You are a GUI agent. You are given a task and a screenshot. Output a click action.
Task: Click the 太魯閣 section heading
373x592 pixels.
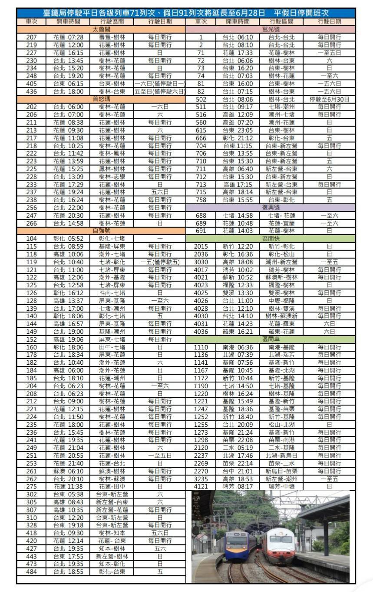coord(101,29)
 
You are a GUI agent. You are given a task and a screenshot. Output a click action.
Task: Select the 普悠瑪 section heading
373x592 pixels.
coord(101,99)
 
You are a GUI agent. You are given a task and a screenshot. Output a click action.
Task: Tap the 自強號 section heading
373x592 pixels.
coord(101,231)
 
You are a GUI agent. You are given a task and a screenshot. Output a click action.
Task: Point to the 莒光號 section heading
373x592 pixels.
coord(271,29)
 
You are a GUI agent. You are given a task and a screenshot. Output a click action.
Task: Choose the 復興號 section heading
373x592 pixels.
coord(271,207)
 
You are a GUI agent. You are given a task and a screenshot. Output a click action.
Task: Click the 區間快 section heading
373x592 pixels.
coord(271,239)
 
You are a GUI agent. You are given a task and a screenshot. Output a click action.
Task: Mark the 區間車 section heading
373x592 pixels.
coord(271,339)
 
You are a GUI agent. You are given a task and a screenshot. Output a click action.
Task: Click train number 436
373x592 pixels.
coord(32,91)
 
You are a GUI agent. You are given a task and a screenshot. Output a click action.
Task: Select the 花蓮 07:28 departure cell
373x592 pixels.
coord(68,37)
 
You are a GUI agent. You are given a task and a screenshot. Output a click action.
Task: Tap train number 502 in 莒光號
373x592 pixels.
coord(201,99)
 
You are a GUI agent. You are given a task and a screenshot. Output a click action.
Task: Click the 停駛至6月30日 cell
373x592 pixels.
coord(329,99)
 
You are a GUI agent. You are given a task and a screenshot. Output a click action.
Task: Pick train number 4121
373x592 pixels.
coord(201,486)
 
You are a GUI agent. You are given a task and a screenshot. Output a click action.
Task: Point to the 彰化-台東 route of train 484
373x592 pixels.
coord(112,572)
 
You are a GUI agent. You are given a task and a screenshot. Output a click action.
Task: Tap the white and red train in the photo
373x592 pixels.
coord(280,545)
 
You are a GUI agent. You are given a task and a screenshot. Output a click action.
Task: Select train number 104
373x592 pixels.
coord(32,239)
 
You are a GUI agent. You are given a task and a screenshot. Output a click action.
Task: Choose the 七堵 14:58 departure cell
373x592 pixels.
coord(238,215)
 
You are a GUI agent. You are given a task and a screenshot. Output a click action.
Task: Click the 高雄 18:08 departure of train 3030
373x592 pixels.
coord(238,262)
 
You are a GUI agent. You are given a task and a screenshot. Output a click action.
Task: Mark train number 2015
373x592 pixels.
coord(201,246)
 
